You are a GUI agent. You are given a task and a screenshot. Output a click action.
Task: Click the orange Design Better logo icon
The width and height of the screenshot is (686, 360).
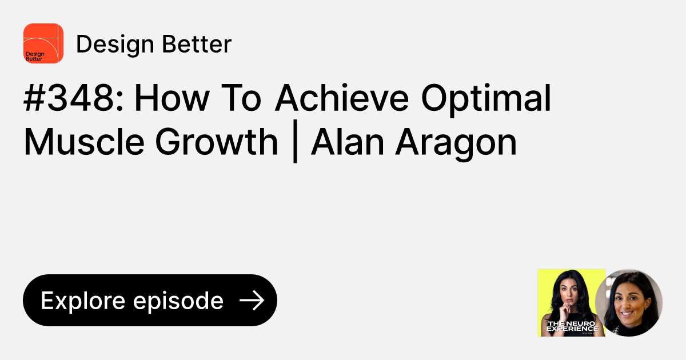point(43,43)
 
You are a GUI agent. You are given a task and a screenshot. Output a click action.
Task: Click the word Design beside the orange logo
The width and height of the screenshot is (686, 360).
point(109,44)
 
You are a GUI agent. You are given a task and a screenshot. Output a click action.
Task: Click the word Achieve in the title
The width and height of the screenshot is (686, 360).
point(342,100)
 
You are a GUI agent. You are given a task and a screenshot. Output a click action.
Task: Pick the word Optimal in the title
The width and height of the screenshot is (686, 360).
point(486,100)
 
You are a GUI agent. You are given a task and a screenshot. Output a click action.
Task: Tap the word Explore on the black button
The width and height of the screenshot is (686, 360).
point(83,301)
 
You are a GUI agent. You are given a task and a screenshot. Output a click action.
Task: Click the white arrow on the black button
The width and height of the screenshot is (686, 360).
point(252,301)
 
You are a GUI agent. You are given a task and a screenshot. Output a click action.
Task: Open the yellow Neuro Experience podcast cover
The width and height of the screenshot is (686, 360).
point(571,302)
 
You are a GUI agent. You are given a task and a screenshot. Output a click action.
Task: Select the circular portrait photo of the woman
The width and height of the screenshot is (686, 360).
point(629,302)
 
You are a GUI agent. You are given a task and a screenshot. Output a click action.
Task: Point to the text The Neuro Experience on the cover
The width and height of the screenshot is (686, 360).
point(572,326)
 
